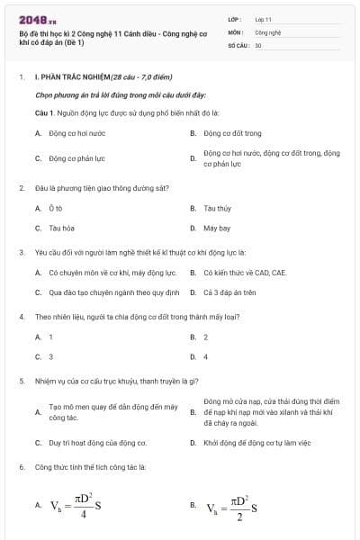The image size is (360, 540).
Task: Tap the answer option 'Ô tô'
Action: [55, 208]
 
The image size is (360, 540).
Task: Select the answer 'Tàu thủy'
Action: [217, 208]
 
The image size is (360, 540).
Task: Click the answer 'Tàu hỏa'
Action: [61, 228]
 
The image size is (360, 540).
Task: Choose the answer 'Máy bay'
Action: [217, 228]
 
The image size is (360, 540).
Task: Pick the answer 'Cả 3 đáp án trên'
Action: [229, 292]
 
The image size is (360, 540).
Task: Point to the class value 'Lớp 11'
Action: [264, 18]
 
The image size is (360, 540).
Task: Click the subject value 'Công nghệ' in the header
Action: [268, 31]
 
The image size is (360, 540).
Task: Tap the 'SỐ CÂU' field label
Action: [240, 44]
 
